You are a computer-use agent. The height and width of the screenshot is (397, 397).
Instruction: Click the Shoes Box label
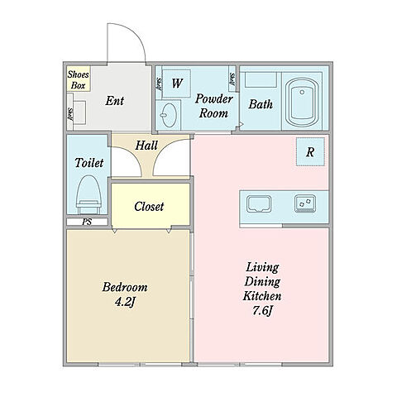pyautogui.click(x=79, y=80)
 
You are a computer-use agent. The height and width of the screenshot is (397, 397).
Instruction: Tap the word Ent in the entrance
pyautogui.click(x=115, y=101)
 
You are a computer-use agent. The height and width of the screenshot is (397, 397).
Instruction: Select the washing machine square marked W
pyautogui.click(x=176, y=84)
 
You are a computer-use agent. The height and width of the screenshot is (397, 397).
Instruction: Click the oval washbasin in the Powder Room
pyautogui.click(x=170, y=114)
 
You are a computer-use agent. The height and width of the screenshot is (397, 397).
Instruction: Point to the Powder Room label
pyautogui.click(x=214, y=106)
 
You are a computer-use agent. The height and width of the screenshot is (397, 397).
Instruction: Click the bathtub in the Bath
pyautogui.click(x=302, y=103)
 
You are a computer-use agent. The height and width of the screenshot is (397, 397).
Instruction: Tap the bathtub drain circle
pyautogui.click(x=302, y=92)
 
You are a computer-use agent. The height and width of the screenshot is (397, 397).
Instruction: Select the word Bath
pyautogui.click(x=261, y=104)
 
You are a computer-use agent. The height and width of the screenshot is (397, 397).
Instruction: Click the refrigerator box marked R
pyautogui.click(x=310, y=152)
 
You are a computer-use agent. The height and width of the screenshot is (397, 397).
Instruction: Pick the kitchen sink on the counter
pyautogui.click(x=259, y=204)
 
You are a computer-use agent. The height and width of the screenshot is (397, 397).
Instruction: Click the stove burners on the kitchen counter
pyautogui.click(x=305, y=203)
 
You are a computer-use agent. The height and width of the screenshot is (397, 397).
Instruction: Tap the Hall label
pyautogui.click(x=146, y=146)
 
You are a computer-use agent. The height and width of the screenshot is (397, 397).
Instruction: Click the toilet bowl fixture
pyautogui.click(x=88, y=194)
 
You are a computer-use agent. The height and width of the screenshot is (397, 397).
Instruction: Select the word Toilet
pyautogui.click(x=89, y=163)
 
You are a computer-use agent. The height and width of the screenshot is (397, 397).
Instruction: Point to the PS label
pyautogui.click(x=87, y=222)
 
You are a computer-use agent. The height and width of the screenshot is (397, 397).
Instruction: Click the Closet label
pyautogui.click(x=149, y=206)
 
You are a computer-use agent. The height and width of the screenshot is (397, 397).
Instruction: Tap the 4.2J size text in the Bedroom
pyautogui.click(x=125, y=303)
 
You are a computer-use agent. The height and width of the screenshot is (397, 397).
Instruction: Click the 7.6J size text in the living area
pyautogui.click(x=262, y=311)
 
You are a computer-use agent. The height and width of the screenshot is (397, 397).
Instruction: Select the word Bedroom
pyautogui.click(x=125, y=287)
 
